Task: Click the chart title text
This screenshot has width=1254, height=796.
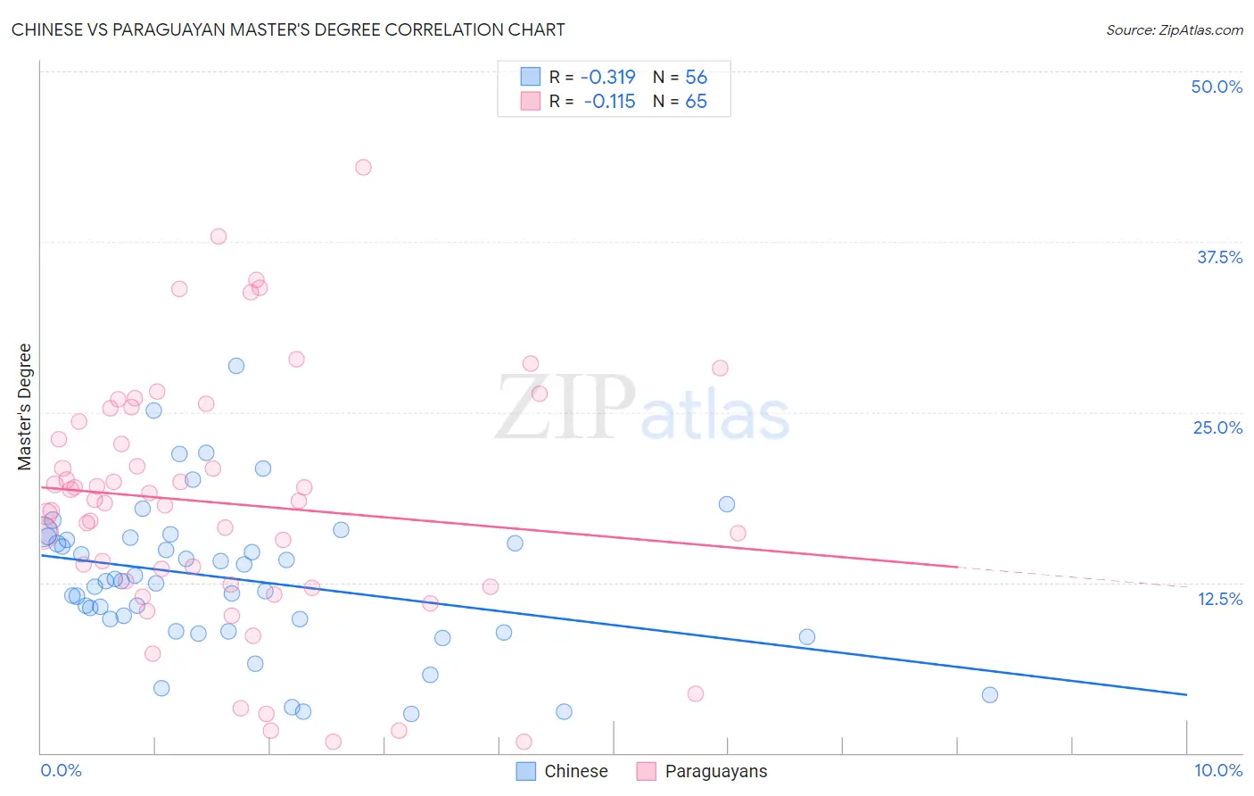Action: pos(288,29)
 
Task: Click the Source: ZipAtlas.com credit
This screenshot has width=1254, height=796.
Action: pos(1174,30)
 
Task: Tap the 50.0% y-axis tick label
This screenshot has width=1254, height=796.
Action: pos(1217,87)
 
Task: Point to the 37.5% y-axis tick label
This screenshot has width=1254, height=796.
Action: pos(1219,257)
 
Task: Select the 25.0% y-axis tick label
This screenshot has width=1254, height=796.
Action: pos(1217,427)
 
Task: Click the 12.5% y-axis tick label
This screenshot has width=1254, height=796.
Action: pos(1219,599)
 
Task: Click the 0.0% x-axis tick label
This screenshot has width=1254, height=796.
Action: pos(61,770)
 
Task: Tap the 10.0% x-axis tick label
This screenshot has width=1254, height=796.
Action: pos(1217,770)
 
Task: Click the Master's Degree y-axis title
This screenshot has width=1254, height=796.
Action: pos(25,407)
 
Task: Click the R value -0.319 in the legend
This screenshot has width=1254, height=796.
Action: pos(607,77)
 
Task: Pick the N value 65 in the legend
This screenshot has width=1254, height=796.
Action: pos(696,101)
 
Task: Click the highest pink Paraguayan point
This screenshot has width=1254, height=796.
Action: pos(363,167)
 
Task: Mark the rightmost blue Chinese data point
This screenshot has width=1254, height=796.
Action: pos(989,695)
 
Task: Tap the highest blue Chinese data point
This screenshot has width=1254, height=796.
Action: pos(236,366)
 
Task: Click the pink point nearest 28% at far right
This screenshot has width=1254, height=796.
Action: pos(720,368)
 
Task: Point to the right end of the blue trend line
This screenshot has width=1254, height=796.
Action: pos(1186,694)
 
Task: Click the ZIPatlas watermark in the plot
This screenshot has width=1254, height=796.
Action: pos(642,409)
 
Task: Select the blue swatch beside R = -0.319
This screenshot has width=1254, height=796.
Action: pos(531,77)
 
